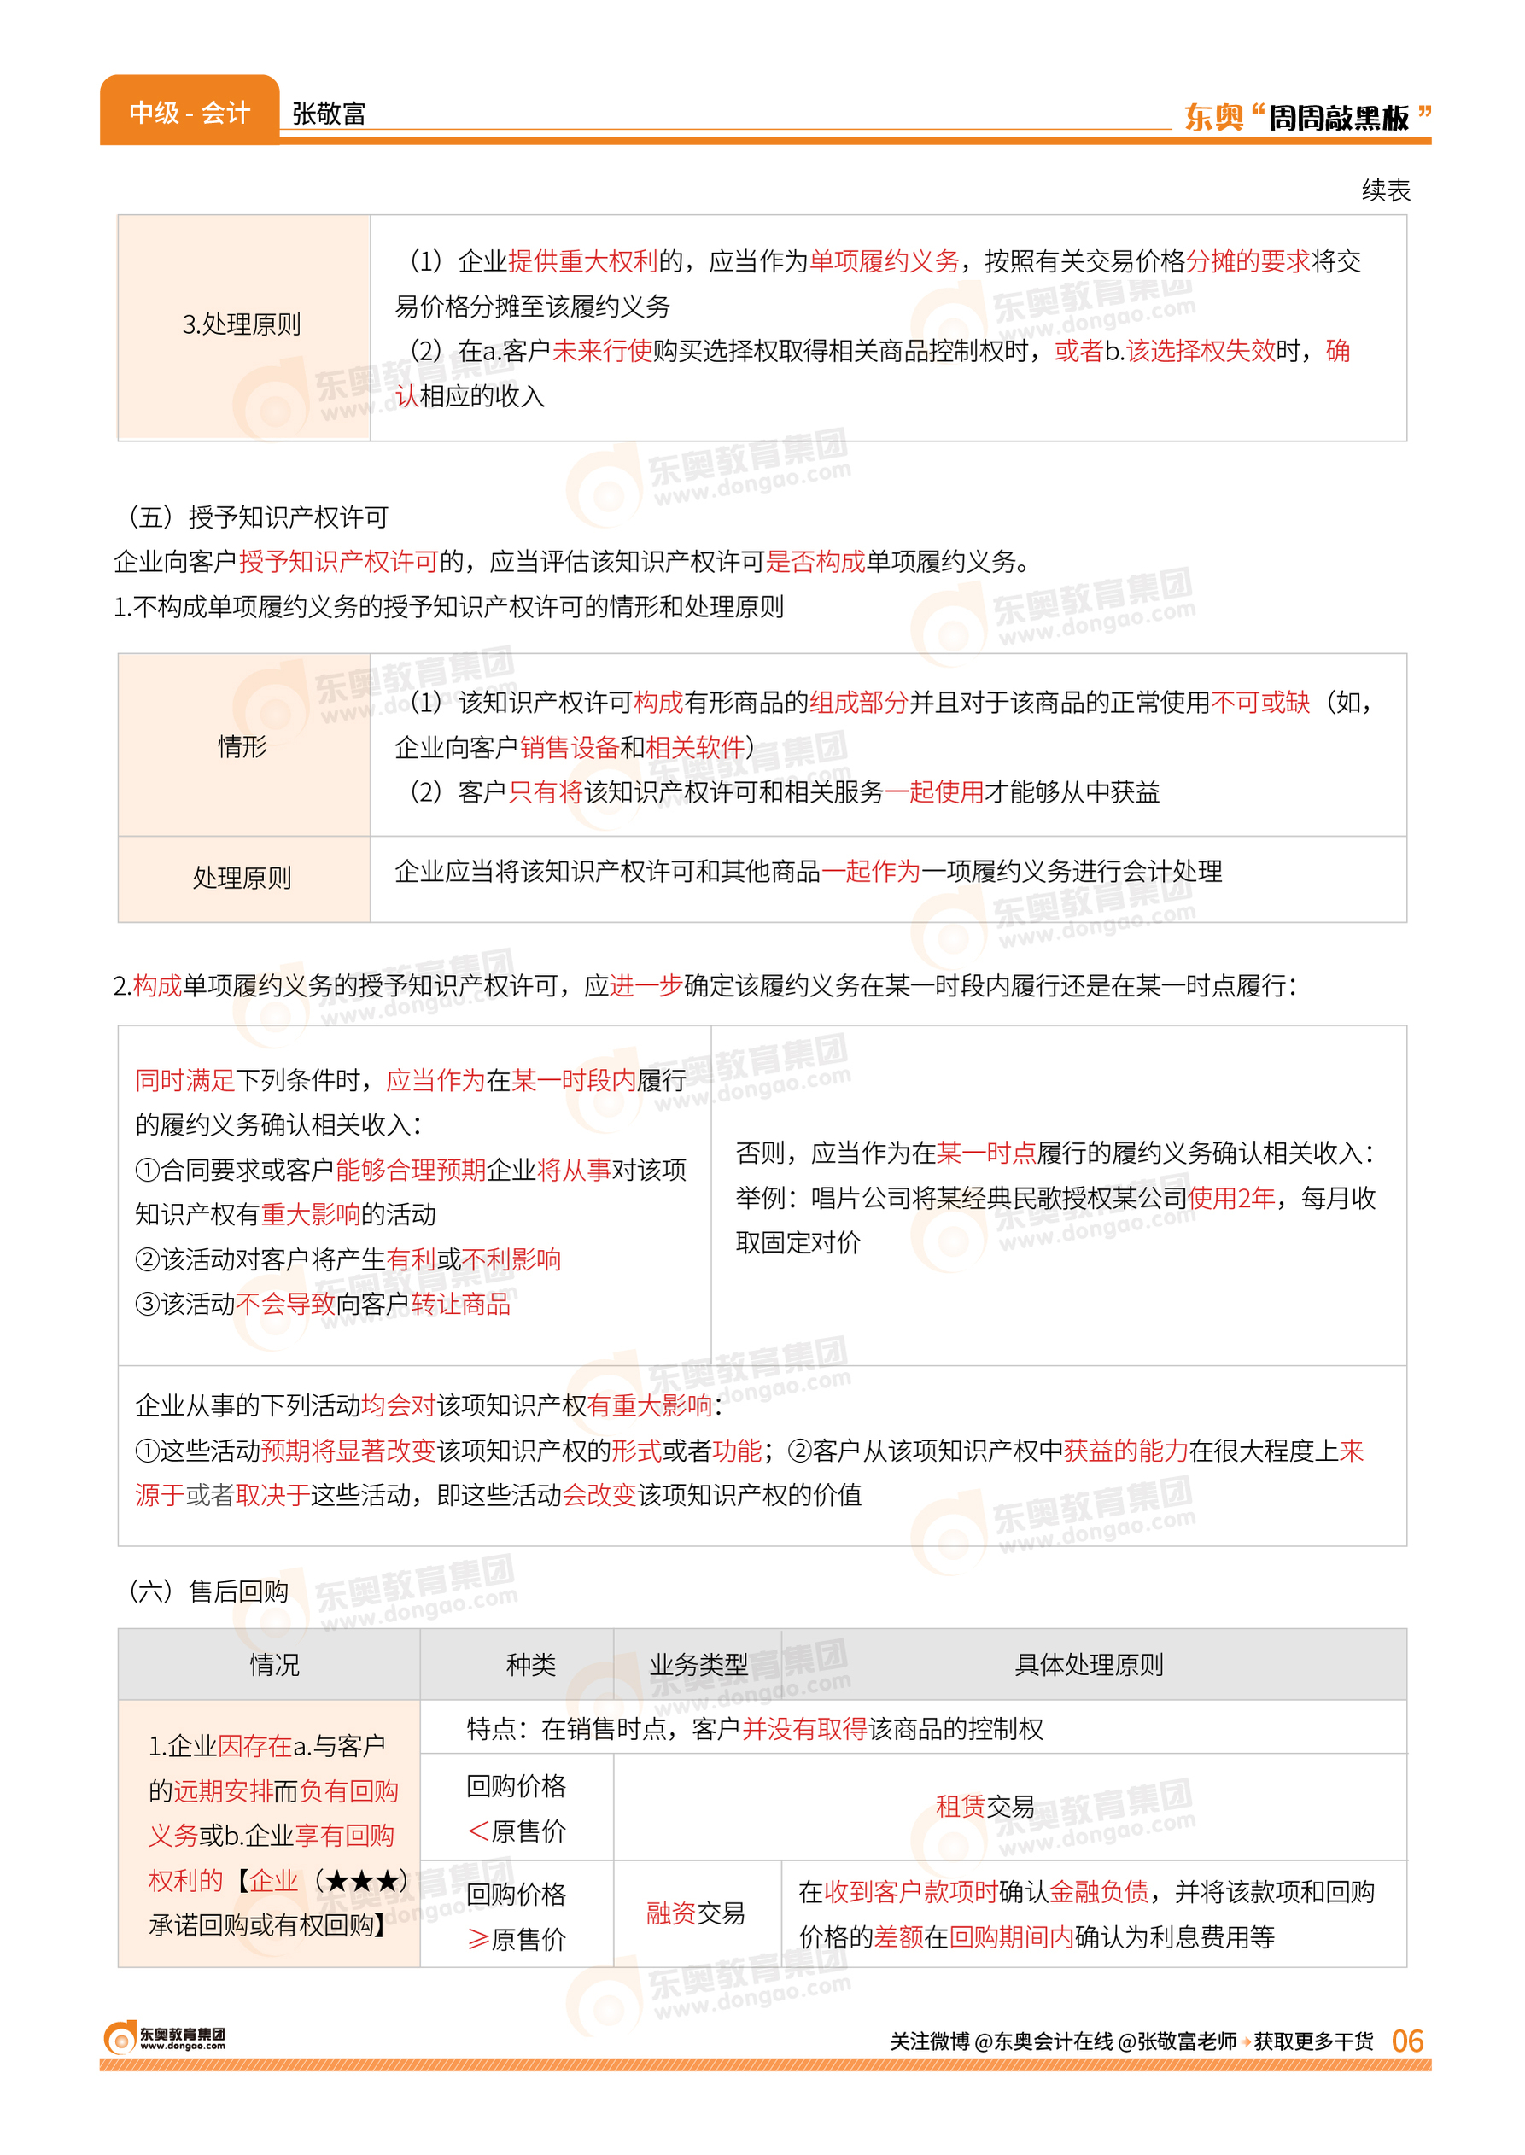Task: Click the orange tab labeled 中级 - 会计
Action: (189, 113)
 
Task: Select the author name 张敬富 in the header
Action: (329, 114)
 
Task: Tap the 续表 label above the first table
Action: (1385, 190)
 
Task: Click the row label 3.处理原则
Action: (242, 325)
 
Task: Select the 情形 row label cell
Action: (242, 746)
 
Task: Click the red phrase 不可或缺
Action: (1260, 703)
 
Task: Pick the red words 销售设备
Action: (569, 747)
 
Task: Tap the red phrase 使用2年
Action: (1231, 1198)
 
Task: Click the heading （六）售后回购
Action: (207, 1591)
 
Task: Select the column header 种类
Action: (530, 1665)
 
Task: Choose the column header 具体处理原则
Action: (1089, 1665)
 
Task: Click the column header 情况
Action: (274, 1665)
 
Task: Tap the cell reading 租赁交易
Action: (985, 1806)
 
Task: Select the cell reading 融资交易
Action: (695, 1913)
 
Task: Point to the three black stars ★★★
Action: (361, 1881)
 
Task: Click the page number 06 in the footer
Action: (1406, 2041)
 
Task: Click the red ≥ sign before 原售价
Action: (478, 1939)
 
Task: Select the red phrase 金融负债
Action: (1099, 1891)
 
